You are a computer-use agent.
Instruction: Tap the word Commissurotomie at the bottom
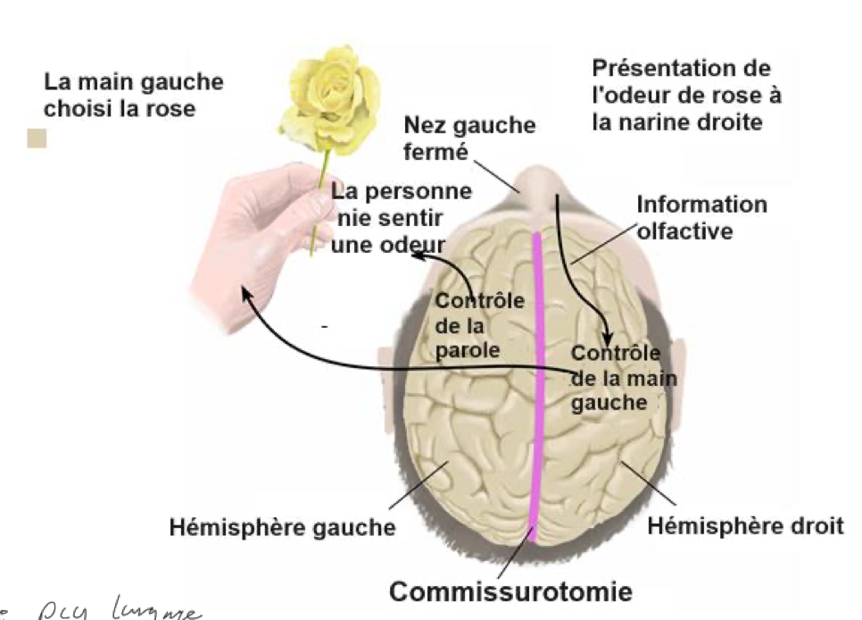[510, 591]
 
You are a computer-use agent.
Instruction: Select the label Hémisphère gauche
[282, 527]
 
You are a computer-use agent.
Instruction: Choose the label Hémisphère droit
[744, 524]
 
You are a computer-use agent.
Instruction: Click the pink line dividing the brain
[538, 384]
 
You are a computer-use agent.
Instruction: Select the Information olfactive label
[700, 217]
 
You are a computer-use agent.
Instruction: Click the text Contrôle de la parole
[479, 325]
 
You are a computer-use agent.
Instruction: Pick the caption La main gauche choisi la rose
[134, 96]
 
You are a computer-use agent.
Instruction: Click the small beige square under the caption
[37, 138]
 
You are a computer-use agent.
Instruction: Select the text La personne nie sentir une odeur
[400, 218]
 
